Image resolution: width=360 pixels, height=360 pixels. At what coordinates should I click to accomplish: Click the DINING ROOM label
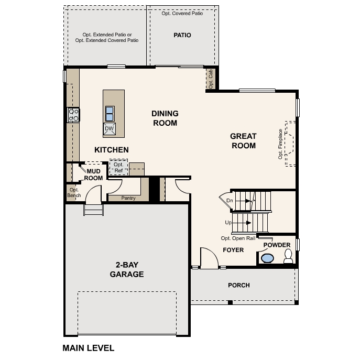(165, 118)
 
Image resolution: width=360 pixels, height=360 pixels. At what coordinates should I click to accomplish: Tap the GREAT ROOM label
(243, 140)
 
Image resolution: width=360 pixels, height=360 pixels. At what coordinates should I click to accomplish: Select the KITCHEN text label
(111, 150)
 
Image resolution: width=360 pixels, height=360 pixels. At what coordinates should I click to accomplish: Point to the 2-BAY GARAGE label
(126, 270)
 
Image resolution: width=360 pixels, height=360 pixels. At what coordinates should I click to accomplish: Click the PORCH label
(238, 285)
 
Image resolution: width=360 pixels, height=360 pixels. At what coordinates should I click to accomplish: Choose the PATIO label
(182, 35)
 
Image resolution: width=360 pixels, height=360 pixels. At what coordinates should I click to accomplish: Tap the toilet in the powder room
(288, 256)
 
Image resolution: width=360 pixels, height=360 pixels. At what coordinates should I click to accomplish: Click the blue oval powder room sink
(267, 258)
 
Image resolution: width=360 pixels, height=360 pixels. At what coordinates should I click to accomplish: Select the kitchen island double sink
(110, 113)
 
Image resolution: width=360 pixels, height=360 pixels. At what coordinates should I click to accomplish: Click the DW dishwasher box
(110, 129)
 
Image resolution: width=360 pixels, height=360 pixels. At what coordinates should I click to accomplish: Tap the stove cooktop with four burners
(73, 115)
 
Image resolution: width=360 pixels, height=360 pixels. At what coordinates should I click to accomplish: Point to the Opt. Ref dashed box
(118, 168)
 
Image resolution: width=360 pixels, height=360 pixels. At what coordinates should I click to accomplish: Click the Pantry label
(128, 198)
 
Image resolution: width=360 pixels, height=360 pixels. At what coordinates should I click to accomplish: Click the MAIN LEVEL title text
(88, 347)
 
